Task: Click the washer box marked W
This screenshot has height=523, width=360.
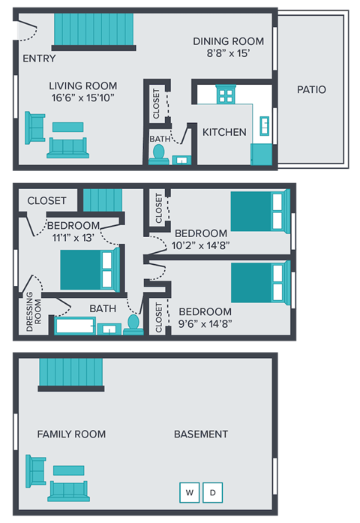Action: click(x=189, y=492)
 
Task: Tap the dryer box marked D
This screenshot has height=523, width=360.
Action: click(x=213, y=492)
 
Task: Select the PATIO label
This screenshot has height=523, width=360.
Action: click(x=311, y=89)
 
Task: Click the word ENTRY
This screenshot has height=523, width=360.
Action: click(x=38, y=59)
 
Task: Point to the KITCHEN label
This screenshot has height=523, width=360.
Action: click(x=224, y=132)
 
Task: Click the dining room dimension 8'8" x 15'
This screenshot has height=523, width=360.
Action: click(x=229, y=54)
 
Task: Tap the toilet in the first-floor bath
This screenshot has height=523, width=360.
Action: click(x=158, y=153)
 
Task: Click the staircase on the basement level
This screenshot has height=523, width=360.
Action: click(x=70, y=374)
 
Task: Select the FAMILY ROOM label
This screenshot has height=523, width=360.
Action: click(x=71, y=434)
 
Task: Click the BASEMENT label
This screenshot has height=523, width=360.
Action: click(x=201, y=434)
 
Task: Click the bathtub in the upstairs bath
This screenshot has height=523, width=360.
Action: click(x=73, y=327)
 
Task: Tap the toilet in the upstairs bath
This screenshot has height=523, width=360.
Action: click(x=133, y=323)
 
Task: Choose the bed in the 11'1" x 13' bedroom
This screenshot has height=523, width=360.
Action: click(x=89, y=269)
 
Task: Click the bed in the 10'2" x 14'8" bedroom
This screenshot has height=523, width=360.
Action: click(x=258, y=212)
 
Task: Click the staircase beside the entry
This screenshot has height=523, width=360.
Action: click(x=94, y=30)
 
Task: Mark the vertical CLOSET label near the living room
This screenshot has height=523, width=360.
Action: click(x=156, y=104)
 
